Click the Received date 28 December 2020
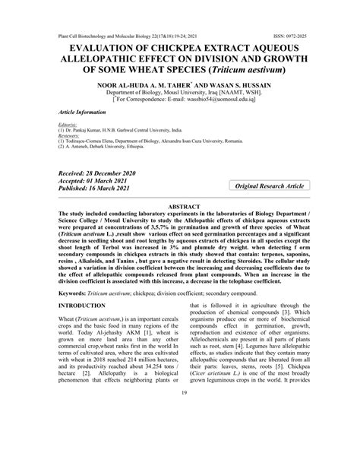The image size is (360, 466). coord(105,174)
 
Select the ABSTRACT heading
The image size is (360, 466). coord(179,208)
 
